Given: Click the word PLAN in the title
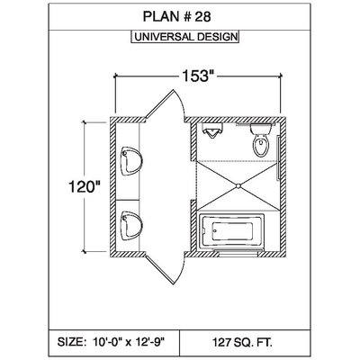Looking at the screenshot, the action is (160, 17).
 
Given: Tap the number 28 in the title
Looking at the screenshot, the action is (202, 17).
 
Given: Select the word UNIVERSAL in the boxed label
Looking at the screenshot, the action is (165, 37).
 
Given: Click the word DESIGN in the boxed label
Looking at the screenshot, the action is (217, 37).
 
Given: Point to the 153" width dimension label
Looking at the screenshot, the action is (196, 76).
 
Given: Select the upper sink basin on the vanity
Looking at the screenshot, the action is (131, 161).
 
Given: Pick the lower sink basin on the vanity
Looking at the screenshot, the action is (131, 226).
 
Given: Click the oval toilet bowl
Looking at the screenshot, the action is (261, 145).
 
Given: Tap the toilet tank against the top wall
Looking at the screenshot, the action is (261, 129).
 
